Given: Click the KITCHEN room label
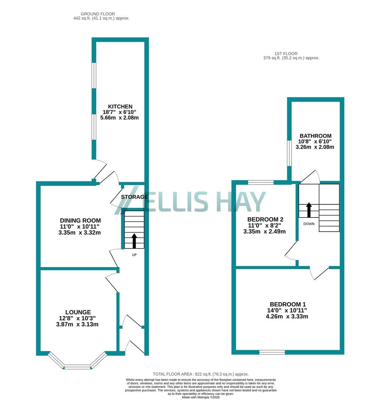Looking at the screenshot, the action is coord(120,106).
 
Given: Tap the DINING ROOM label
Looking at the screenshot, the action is coord(80,220).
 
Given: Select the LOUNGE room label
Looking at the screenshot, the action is coord(78,312).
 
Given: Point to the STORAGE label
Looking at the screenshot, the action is coord(135,197).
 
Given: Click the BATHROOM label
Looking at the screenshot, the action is coord(316,136).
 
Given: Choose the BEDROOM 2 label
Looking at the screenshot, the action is coord(265,219).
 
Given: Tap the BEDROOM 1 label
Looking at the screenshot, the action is coord(287,304).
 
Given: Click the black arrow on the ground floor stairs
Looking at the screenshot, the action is coord(134,241).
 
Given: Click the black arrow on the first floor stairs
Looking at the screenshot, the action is coord(309,210).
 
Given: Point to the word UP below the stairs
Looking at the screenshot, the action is coord(134,255).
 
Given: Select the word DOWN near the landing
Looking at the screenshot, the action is coord(309,224).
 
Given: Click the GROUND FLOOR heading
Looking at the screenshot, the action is coord(98,14).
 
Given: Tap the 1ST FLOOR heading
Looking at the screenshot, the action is coord(286,54).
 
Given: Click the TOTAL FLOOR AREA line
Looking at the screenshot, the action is coord(201,374).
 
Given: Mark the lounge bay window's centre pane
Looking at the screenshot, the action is coord(77,367).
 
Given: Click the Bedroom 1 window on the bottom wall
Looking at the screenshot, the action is coord(272,352).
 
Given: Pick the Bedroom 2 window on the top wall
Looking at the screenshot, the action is coord(261,183).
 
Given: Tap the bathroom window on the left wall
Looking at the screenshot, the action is coord(289,153).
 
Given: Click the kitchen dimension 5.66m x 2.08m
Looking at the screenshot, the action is coord(120,118).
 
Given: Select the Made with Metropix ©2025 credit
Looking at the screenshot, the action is coord(201,397).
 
